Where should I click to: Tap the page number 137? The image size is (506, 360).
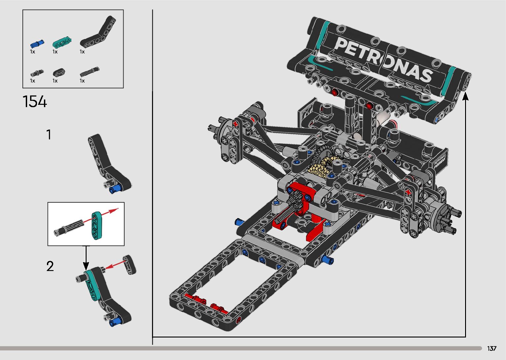[x=492, y=348]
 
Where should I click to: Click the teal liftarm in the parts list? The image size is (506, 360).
[x=62, y=43]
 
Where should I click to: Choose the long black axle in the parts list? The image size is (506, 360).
[x=90, y=71]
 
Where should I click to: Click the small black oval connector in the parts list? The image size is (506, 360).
[x=59, y=72]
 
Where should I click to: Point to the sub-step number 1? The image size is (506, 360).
[x=49, y=135]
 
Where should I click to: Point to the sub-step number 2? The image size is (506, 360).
[x=50, y=266]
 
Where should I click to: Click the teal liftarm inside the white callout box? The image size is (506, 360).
[x=97, y=225]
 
